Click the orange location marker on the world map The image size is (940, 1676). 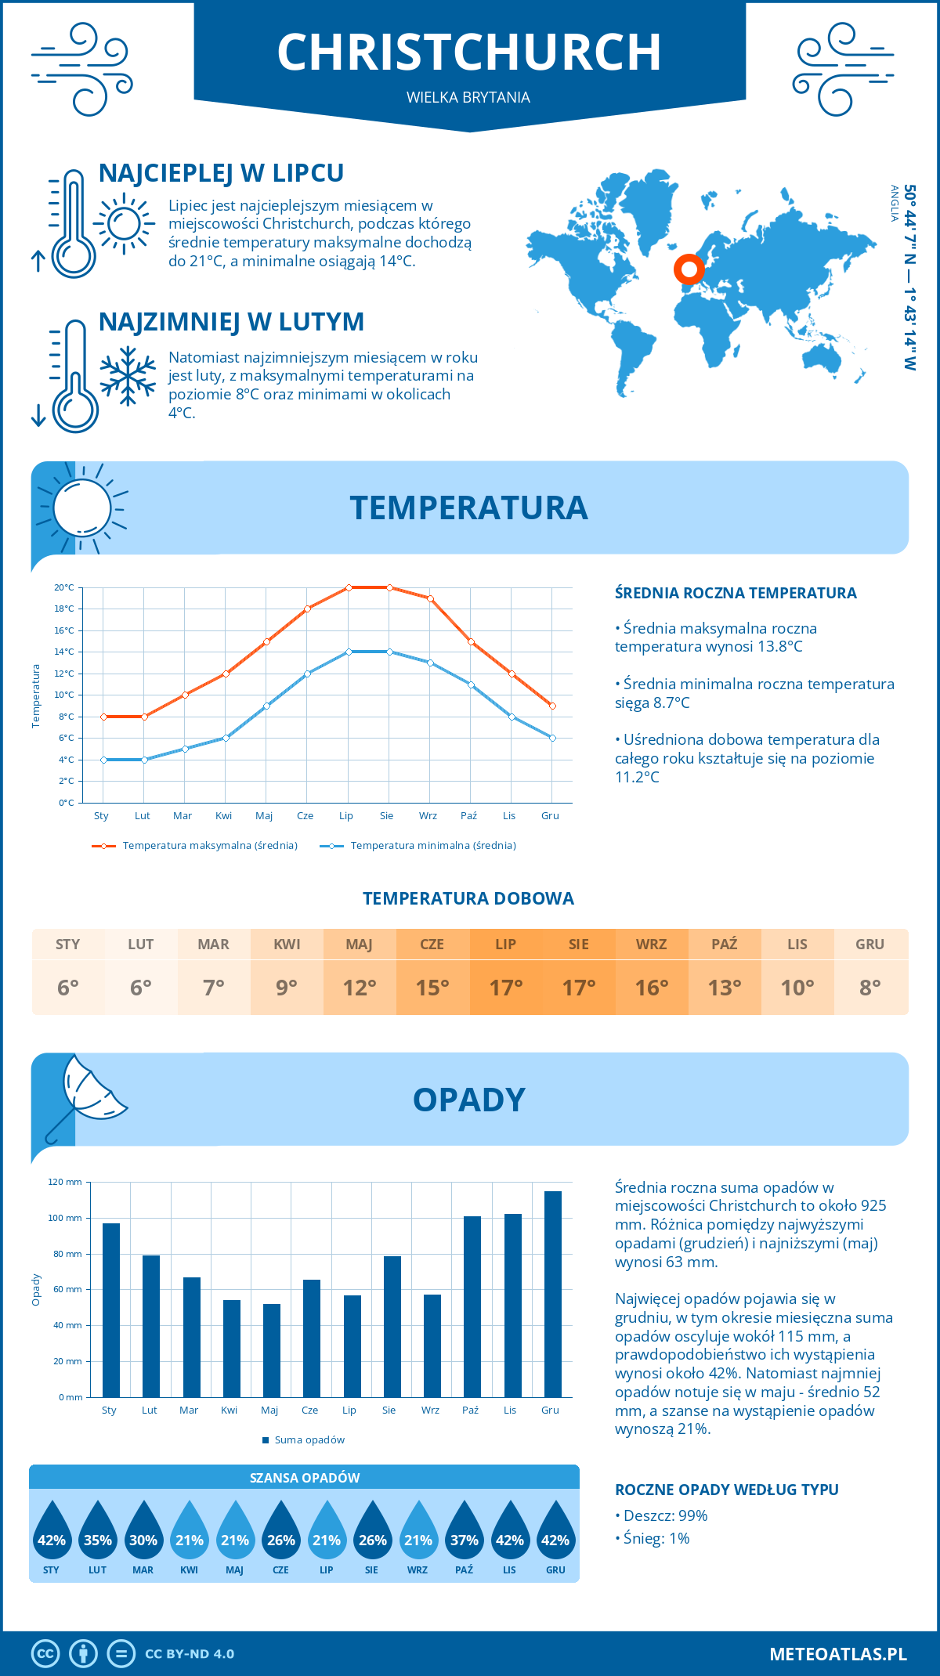[689, 269]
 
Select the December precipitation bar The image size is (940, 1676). [553, 1294]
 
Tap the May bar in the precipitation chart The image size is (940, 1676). [271, 1350]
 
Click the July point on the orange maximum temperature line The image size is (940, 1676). [349, 587]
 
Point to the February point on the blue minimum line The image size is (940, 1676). [144, 760]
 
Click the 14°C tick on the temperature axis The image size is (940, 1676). [64, 652]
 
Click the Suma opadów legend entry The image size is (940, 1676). [309, 1440]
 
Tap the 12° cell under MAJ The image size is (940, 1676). [360, 988]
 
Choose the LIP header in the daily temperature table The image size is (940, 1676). [505, 945]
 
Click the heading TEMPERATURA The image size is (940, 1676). [468, 507]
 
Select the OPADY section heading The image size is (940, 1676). [468, 1100]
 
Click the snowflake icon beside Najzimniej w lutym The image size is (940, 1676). [128, 376]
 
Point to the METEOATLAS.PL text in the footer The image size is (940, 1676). [837, 1654]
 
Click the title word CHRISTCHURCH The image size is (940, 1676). [469, 52]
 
